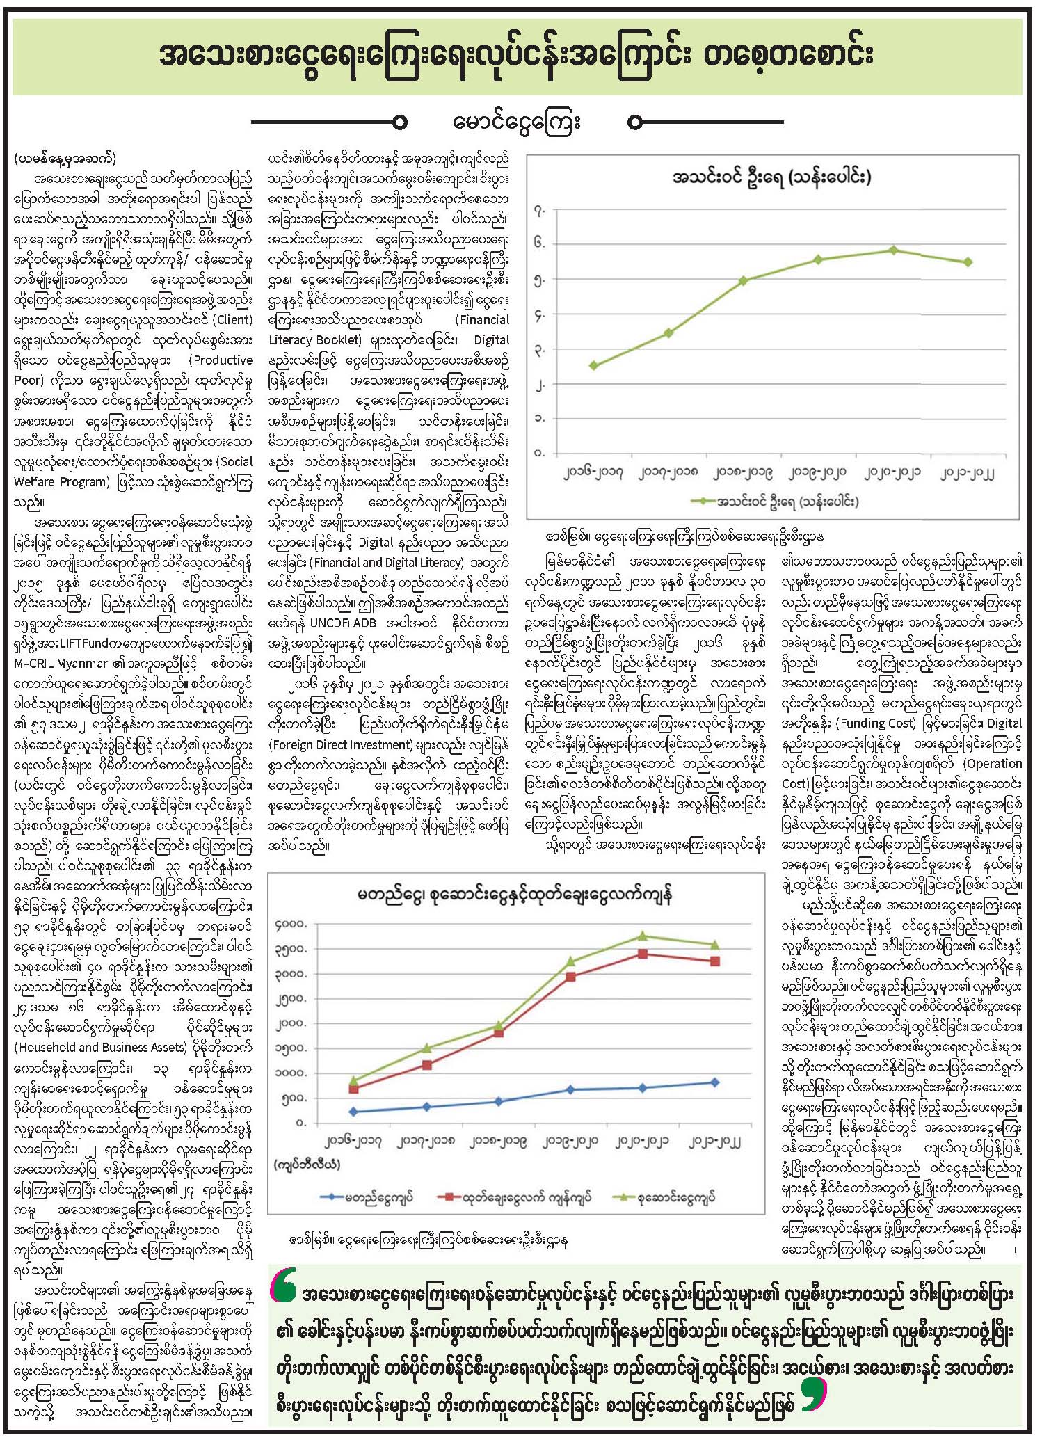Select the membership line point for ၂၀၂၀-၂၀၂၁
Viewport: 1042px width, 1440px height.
(894, 250)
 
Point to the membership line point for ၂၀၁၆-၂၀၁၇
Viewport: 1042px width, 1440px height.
(593, 365)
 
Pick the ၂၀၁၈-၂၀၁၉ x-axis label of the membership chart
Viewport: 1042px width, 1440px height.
(743, 473)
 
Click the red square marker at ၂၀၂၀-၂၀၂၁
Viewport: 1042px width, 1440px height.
(643, 954)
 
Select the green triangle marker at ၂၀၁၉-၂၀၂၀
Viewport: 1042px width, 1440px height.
(570, 961)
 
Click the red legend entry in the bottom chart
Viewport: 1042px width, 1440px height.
(515, 1198)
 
